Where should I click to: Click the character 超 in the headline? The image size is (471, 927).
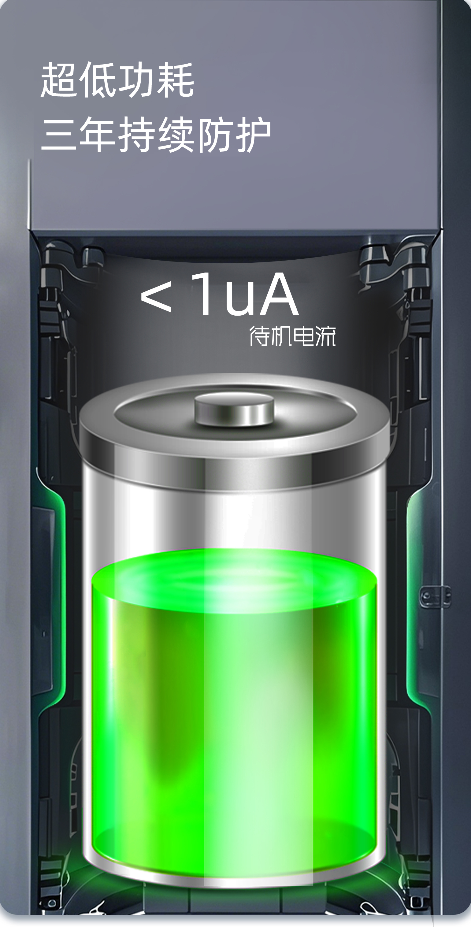coord(59,80)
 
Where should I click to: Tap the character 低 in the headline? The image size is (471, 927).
coord(98,80)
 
